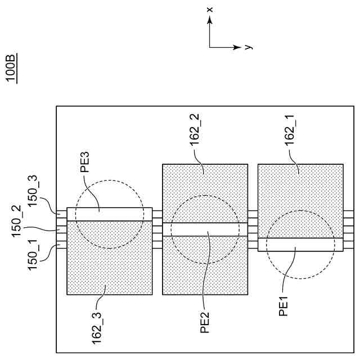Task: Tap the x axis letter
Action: click(x=209, y=9)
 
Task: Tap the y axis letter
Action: click(x=249, y=47)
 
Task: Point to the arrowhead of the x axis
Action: click(x=210, y=19)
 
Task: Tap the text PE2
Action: click(x=206, y=321)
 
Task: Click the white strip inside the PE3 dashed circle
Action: click(x=110, y=214)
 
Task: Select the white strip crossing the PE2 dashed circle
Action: click(x=205, y=229)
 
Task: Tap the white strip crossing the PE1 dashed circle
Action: click(x=300, y=245)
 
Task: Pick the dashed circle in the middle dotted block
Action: click(x=171, y=229)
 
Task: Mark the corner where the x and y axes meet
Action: click(x=210, y=47)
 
